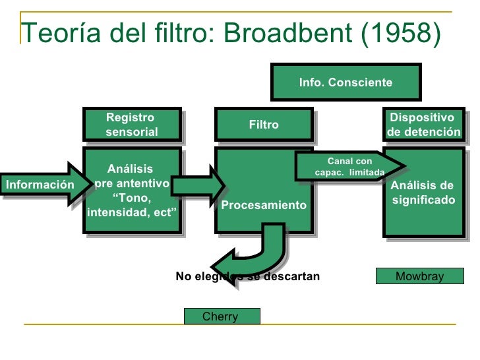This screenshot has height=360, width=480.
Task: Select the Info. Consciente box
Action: (x=345, y=82)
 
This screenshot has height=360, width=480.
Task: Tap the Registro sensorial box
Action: (x=132, y=125)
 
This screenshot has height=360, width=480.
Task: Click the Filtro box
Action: (x=264, y=125)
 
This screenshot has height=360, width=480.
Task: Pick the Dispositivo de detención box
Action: (x=424, y=125)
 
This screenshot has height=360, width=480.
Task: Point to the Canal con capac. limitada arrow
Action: (x=346, y=167)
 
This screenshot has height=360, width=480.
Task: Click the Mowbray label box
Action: (x=419, y=276)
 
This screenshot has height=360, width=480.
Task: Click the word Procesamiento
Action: (x=264, y=205)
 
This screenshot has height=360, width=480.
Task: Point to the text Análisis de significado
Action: (x=423, y=192)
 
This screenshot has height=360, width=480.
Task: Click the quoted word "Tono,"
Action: (x=132, y=198)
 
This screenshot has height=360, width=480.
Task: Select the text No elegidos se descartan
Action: (x=247, y=276)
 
